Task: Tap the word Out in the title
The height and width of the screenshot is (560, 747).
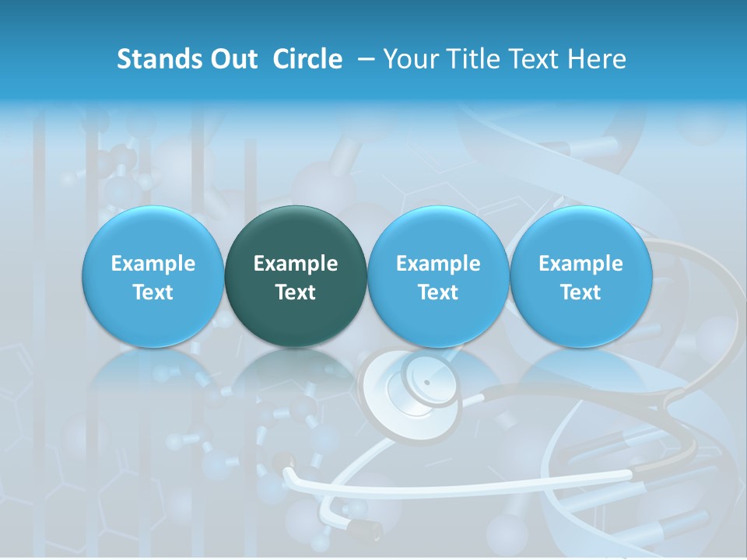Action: pos(233,59)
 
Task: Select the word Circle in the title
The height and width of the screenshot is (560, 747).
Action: pos(307,59)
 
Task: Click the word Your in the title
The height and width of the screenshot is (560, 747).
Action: pos(409,59)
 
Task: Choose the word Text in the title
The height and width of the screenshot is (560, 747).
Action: pos(535,59)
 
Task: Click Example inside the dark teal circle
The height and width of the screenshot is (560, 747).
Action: pos(296,264)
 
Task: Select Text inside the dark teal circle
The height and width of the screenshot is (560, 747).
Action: pos(296,292)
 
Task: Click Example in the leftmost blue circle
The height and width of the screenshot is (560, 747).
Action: pos(153,264)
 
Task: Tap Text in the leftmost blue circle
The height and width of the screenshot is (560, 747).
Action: pos(153,292)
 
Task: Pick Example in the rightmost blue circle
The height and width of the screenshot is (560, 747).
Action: pos(580,264)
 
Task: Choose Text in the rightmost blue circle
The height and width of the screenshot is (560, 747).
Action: pos(580,292)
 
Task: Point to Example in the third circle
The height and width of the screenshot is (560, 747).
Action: pos(438,264)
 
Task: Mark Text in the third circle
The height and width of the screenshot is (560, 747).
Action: pos(438,292)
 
